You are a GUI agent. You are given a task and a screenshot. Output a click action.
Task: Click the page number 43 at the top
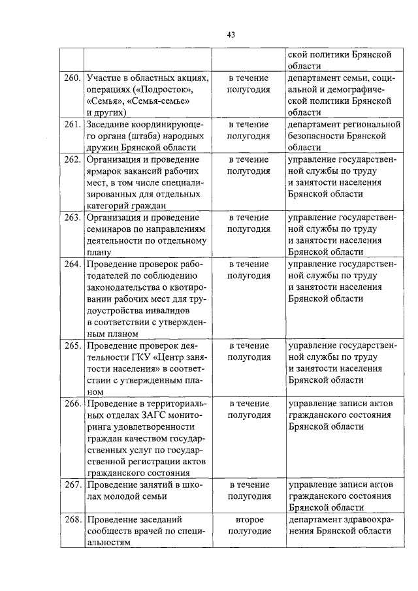click(x=231, y=35)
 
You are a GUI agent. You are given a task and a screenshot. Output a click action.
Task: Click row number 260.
click(x=72, y=78)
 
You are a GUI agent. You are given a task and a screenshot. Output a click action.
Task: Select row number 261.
click(x=72, y=125)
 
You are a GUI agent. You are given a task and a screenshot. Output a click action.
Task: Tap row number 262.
click(x=72, y=160)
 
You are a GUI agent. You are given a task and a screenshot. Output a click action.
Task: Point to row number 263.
click(x=72, y=217)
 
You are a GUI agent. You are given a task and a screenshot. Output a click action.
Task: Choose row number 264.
click(x=72, y=264)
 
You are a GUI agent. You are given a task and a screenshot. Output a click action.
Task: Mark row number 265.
click(x=72, y=345)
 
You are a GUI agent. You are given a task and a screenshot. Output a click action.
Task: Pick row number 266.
click(x=72, y=404)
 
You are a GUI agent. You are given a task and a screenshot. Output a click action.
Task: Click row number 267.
click(x=72, y=485)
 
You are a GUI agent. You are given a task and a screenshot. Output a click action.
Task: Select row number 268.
click(x=72, y=520)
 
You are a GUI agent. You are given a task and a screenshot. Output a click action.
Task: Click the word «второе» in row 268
click(x=249, y=520)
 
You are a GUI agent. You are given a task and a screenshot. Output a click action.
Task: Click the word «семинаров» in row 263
click(x=110, y=229)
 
